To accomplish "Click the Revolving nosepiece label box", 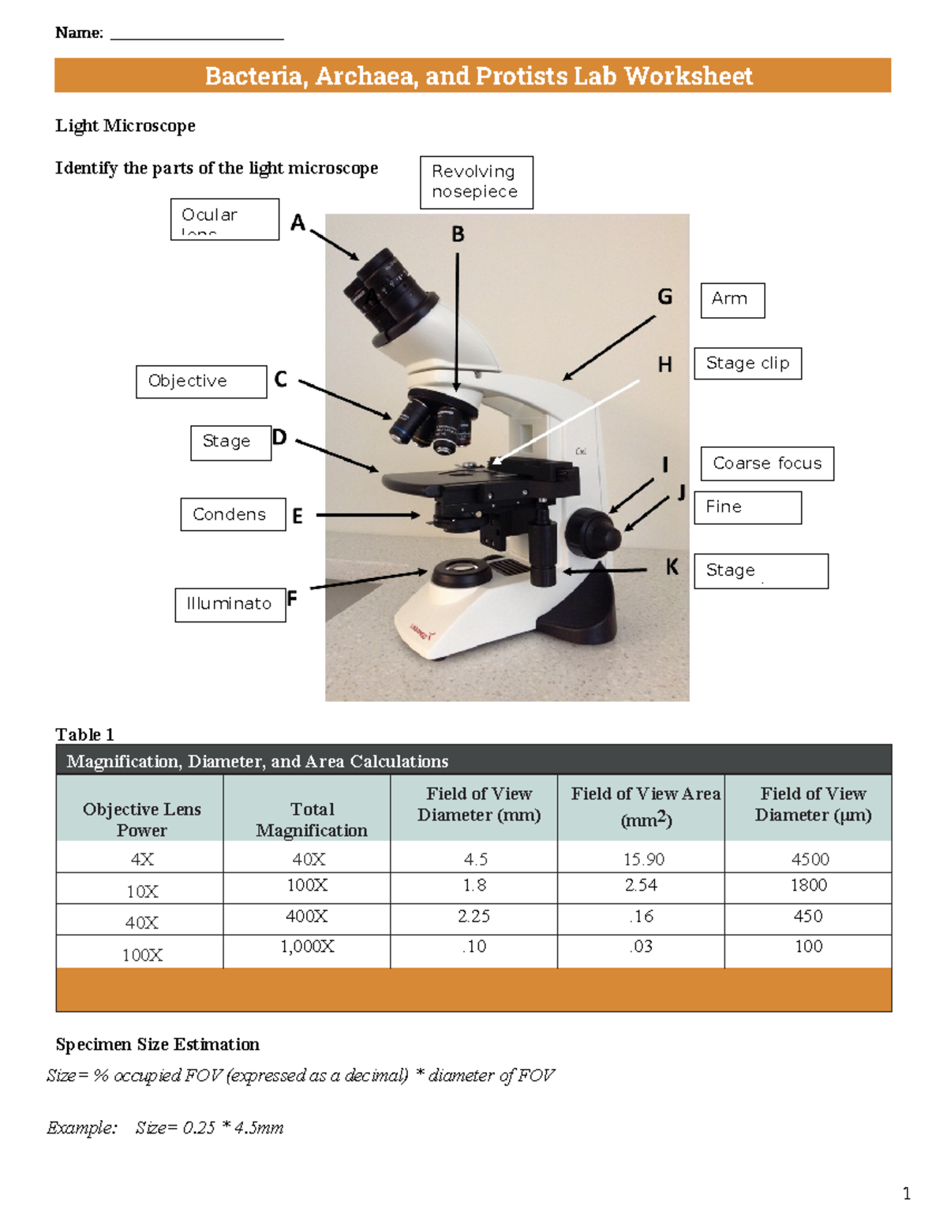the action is (476, 182).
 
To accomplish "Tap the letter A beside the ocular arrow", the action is (298, 223).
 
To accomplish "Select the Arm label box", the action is (732, 300).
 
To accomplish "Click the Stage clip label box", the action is (747, 363).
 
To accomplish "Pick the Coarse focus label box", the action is (766, 463).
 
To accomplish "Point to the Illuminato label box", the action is (230, 604).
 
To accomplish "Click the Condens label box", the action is (232, 514).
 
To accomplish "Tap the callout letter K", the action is (672, 566).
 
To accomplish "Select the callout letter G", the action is (665, 297).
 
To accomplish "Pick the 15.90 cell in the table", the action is (643, 859).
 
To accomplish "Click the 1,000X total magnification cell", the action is (307, 947).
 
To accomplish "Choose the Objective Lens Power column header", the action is (141, 819).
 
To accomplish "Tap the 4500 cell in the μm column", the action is (810, 859).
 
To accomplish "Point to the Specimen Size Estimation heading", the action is (157, 1044).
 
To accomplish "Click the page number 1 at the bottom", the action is (906, 1193).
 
